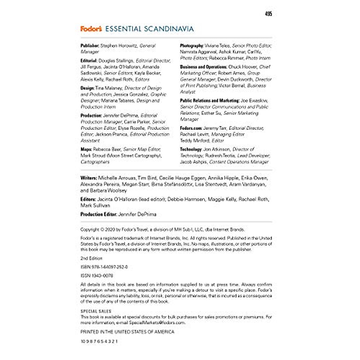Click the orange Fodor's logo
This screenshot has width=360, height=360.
click(x=91, y=29)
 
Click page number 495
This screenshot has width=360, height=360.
click(x=268, y=14)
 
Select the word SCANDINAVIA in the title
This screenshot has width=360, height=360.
click(x=169, y=29)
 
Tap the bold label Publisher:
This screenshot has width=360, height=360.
click(x=90, y=46)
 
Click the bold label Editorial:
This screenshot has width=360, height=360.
click(x=89, y=61)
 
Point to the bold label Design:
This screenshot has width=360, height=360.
click(x=87, y=88)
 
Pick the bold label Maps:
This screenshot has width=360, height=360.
click(x=86, y=149)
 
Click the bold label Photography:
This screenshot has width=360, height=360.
click(x=192, y=46)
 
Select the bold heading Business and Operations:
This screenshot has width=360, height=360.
click(x=203, y=67)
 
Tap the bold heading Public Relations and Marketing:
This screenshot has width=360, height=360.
click(x=210, y=101)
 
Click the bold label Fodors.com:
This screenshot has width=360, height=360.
click(x=191, y=128)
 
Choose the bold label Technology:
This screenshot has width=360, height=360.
click(x=191, y=149)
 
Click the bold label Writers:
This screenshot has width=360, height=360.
click(x=88, y=178)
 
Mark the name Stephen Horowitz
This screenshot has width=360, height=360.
click(x=118, y=46)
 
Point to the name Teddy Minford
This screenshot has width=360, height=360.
click(x=195, y=141)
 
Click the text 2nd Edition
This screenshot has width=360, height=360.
click(x=91, y=258)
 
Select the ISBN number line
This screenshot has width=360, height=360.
click(x=104, y=267)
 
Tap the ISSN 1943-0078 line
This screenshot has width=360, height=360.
click(x=97, y=276)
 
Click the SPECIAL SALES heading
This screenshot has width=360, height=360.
click(x=96, y=311)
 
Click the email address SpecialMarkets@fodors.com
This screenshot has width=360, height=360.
click(x=157, y=323)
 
